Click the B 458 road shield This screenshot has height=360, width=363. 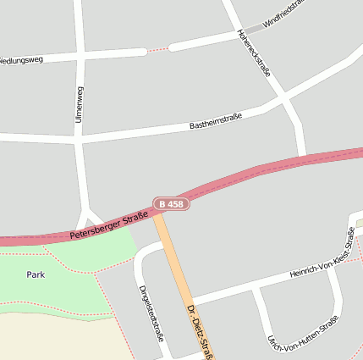171,204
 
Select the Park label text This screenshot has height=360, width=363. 36,274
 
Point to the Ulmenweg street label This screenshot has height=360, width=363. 79,104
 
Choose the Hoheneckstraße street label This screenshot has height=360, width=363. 254,53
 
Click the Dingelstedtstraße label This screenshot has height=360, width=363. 151,312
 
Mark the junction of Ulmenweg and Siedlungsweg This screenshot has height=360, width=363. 80,56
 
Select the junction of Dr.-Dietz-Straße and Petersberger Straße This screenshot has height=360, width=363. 158,214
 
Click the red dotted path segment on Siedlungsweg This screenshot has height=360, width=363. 157,50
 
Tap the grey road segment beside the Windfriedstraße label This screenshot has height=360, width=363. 252,29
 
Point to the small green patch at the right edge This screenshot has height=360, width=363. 359,223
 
